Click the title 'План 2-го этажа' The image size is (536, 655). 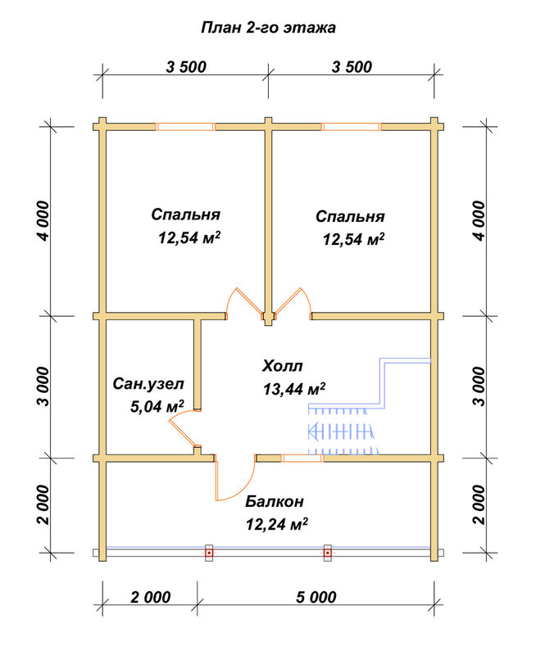(268, 28)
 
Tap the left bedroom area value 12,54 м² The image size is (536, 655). (189, 237)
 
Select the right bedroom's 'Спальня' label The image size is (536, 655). (350, 216)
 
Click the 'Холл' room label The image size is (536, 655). (282, 366)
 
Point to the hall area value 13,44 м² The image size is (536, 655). (294, 389)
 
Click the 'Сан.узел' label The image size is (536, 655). (148, 383)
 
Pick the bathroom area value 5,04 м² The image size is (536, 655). (157, 406)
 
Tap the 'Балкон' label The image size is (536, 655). (275, 501)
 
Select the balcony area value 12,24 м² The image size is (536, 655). (277, 524)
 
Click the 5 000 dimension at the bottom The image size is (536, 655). (316, 597)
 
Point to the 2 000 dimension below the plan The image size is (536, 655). (151, 597)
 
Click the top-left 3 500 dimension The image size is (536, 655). (186, 67)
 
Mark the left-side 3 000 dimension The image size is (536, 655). (43, 386)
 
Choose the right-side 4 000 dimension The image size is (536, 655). (479, 220)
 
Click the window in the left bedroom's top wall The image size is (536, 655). (185, 127)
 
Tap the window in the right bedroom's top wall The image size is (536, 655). (352, 127)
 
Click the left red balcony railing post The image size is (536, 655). (209, 553)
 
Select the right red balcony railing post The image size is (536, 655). (328, 553)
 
